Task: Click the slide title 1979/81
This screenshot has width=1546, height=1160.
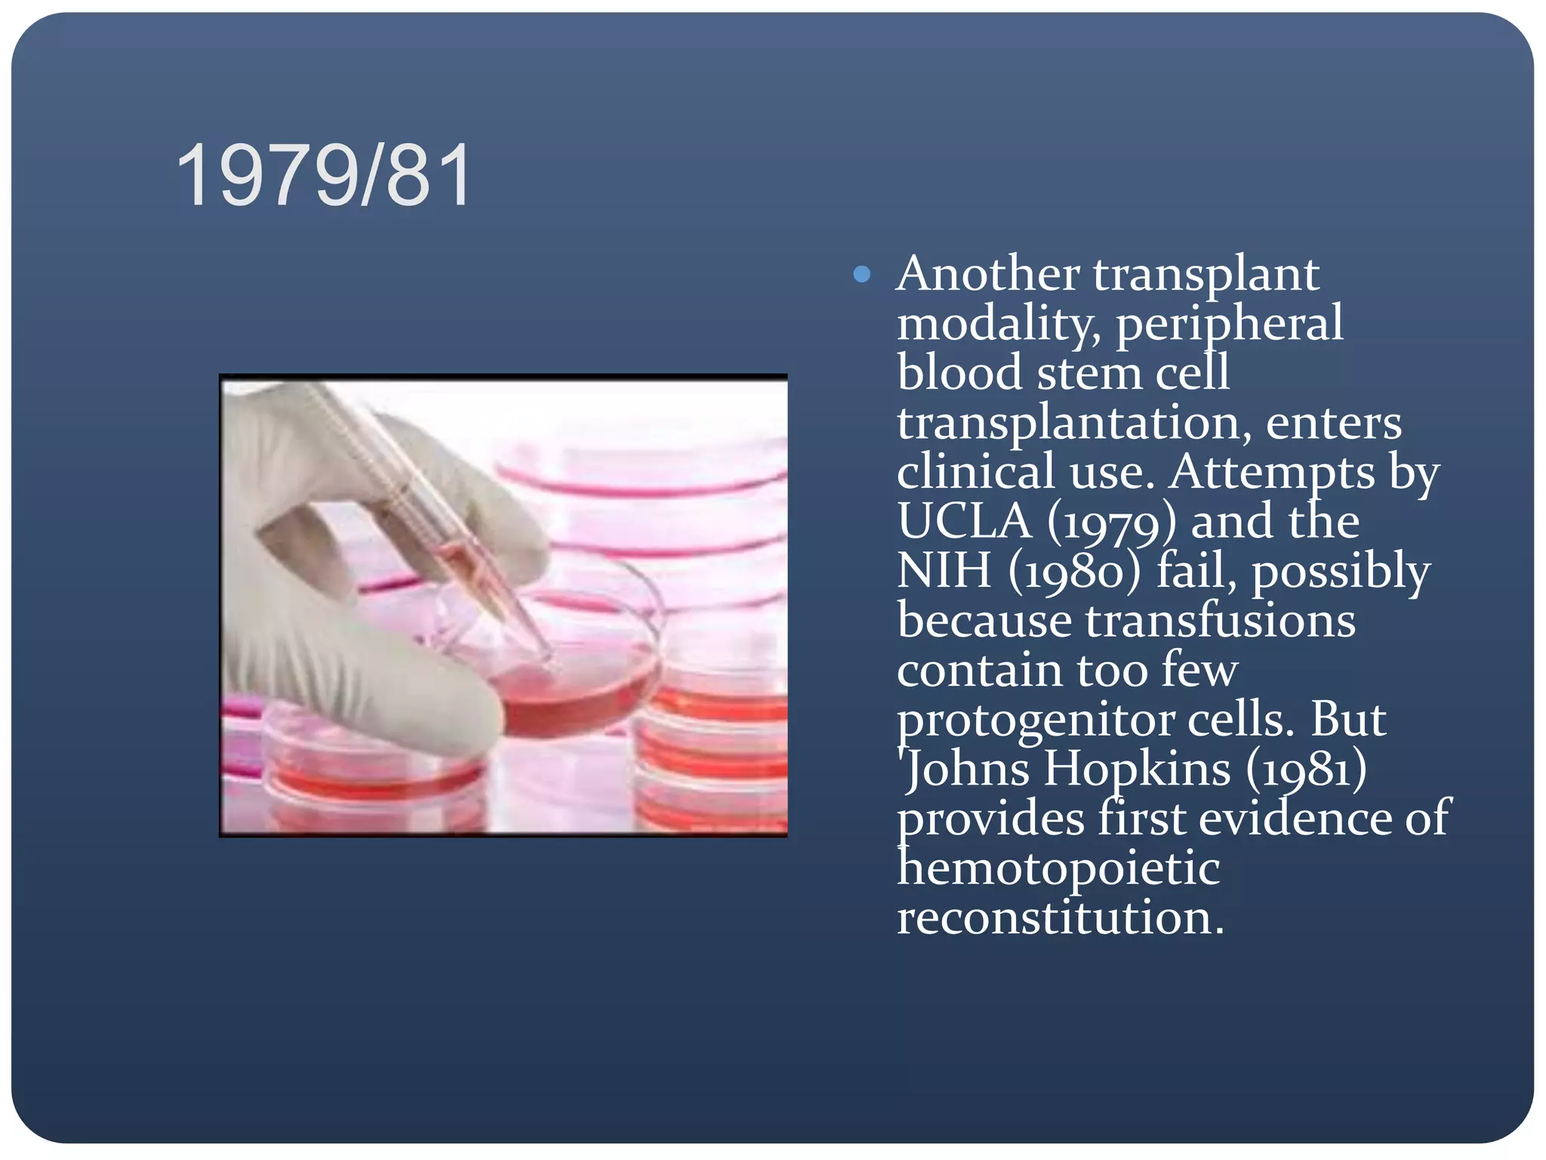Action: coord(325,177)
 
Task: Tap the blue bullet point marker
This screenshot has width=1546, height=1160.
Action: coord(861,274)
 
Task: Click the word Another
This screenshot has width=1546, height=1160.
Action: coord(987,273)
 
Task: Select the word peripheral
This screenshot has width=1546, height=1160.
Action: coord(1229,324)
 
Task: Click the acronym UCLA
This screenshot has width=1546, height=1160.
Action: coord(964,522)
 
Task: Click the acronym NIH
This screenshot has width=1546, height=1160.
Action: coord(944,571)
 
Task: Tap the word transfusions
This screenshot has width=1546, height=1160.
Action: coord(1220,621)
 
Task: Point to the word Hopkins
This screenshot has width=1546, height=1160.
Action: coord(1137,770)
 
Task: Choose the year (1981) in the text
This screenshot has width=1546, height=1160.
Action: coord(1306,770)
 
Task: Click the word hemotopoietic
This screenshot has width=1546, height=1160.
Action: coord(1058,868)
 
